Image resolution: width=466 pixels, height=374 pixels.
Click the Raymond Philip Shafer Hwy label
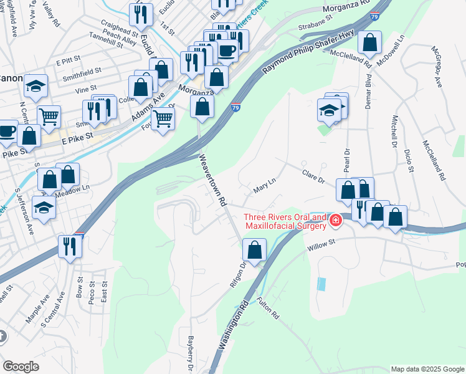coord(300,57)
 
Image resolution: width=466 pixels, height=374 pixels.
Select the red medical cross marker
coord(335,221)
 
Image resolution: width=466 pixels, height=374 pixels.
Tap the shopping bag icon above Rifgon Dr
coord(254,251)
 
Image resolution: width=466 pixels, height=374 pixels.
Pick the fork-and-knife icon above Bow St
coord(70,247)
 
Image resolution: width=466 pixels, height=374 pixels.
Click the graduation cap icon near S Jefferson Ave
coord(44,208)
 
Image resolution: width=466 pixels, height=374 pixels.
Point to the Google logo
coord(21,367)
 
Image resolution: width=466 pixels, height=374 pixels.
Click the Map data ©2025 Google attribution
coord(427,369)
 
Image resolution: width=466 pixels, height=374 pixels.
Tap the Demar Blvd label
coord(368,94)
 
